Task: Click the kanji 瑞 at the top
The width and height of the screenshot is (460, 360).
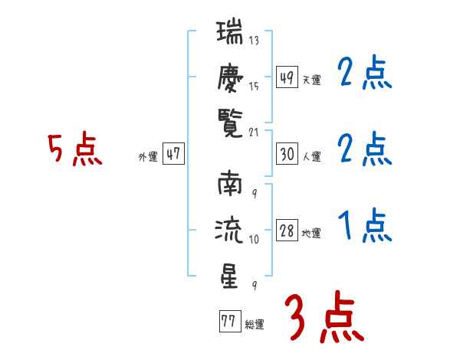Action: click(230, 31)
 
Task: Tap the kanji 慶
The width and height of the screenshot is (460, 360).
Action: click(230, 78)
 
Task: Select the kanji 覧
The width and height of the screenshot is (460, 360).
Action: click(230, 123)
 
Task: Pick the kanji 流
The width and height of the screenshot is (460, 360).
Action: click(229, 230)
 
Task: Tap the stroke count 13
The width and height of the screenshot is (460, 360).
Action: click(254, 40)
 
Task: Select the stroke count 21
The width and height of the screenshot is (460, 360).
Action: click(254, 133)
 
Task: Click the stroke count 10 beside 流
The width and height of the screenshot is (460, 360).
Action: click(254, 239)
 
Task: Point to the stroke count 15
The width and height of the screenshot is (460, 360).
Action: click(254, 87)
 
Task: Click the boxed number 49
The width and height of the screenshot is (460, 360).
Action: click(287, 77)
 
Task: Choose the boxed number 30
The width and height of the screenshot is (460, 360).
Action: click(287, 154)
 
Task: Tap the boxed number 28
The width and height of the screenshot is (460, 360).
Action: click(287, 231)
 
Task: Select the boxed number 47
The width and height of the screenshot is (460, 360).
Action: click(173, 153)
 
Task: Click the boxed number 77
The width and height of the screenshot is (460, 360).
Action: click(230, 321)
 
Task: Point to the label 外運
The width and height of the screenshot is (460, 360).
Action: click(148, 157)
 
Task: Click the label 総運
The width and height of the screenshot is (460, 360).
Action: click(255, 325)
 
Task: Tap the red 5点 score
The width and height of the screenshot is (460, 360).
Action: click(75, 149)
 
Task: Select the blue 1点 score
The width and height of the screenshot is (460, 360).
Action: click(365, 225)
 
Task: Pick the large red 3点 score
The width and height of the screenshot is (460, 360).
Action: click(324, 316)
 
